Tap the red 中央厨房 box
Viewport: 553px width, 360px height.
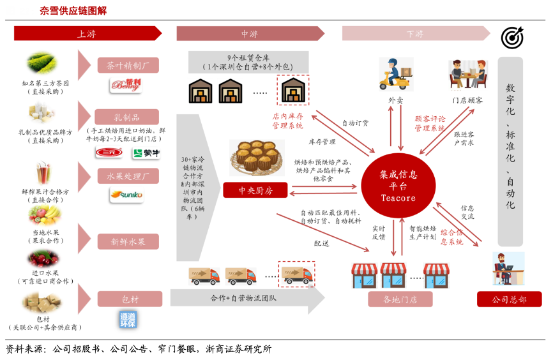tap(255, 190)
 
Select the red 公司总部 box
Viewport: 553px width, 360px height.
tap(509, 299)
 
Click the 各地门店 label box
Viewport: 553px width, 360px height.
tap(400, 299)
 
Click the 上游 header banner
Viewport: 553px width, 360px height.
tap(87, 34)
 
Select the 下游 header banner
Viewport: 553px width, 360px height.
tap(415, 34)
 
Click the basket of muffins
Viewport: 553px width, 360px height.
tap(255, 158)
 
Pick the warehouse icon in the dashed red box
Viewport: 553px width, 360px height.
tap(292, 90)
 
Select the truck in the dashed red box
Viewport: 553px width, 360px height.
tap(297, 274)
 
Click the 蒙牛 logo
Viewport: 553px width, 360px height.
tap(146, 153)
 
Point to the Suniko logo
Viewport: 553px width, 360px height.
tap(126, 194)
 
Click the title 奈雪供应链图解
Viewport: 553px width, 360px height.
tap(73, 11)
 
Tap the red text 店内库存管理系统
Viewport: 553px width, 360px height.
tap(288, 121)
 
